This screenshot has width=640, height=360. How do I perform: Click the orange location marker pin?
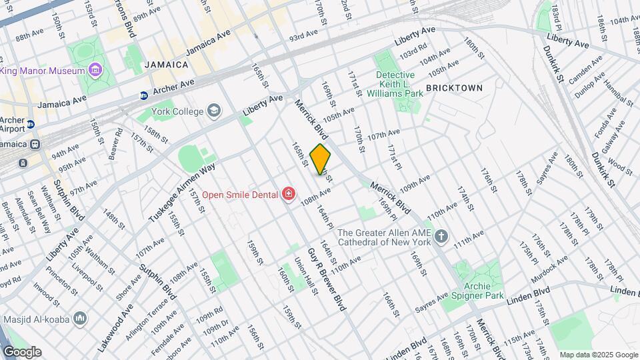321,159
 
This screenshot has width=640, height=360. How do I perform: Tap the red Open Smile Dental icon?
289,194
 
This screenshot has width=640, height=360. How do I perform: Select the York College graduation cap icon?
214,111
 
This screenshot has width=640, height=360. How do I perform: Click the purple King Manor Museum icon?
95,70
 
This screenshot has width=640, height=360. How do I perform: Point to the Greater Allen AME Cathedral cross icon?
441,237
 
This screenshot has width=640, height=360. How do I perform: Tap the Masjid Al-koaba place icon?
80,319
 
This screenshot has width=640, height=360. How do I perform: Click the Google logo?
22,352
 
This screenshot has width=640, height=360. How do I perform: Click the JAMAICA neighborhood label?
165,65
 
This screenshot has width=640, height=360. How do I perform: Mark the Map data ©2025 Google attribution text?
599,355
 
